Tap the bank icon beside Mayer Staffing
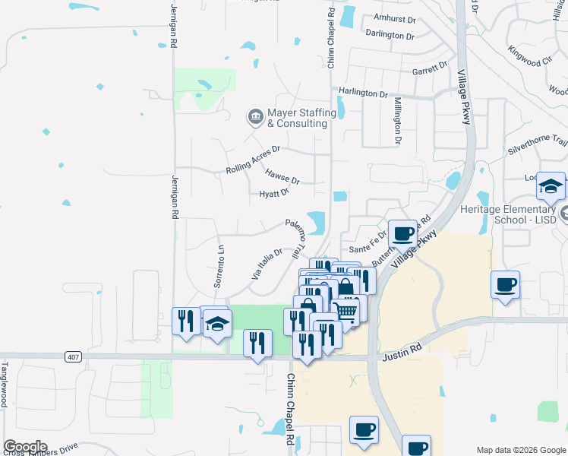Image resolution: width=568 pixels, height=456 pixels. point(255,117)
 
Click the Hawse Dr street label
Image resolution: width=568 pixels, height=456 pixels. point(282,176)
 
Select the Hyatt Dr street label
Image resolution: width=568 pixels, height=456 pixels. point(274,194)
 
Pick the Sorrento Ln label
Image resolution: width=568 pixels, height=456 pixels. point(219,267)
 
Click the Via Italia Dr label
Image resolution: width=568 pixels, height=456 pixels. point(267,262)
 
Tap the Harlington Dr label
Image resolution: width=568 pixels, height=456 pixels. point(364,92)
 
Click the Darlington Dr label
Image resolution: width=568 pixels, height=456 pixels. point(390,35)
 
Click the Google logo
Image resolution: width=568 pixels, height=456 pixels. point(24,447)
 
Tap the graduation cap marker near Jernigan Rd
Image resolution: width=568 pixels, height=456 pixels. point(217,323)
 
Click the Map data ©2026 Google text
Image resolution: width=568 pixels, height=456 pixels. point(521,450)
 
